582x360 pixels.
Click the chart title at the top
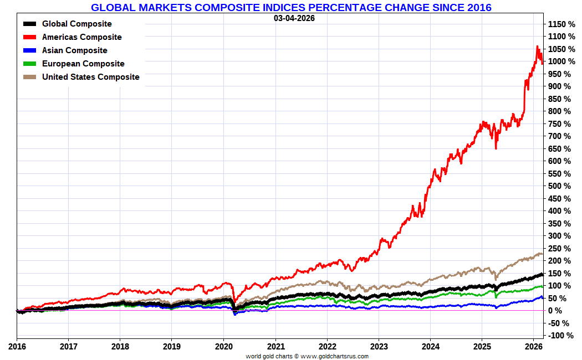pyautogui.click(x=291, y=7)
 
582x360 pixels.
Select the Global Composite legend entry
pyautogui.click(x=76, y=24)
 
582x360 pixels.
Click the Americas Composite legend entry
pyautogui.click(x=81, y=37)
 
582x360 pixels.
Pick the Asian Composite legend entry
pyautogui.click(x=74, y=50)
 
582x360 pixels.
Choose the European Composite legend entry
pyautogui.click(x=83, y=64)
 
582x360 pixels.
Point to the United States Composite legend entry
pyautogui.click(x=90, y=77)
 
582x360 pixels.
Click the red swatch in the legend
pyautogui.click(x=30, y=37)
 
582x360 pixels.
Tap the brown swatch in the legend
pyautogui.click(x=30, y=77)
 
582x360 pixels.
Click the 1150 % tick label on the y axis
pyautogui.click(x=561, y=24)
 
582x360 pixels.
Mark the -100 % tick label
pyautogui.click(x=561, y=336)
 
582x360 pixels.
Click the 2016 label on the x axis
pyautogui.click(x=17, y=347)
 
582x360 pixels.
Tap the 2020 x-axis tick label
pyautogui.click(x=223, y=347)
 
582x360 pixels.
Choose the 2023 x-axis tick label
pyautogui.click(x=379, y=347)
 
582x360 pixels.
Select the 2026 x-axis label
pyautogui.click(x=534, y=347)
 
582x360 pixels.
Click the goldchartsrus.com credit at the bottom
pyautogui.click(x=307, y=356)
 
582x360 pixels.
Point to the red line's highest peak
pyautogui.click(x=537, y=47)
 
